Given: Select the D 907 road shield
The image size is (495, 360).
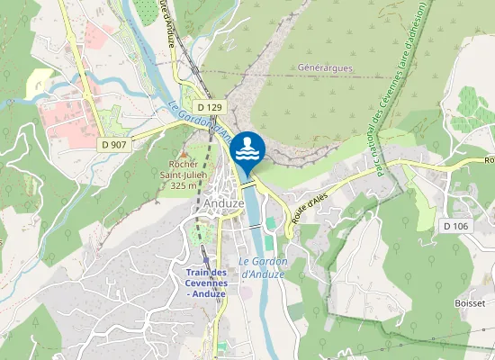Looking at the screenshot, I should point(113,144).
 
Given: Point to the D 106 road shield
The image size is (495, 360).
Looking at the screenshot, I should point(456,223).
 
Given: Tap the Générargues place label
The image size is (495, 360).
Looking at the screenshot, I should point(324,67).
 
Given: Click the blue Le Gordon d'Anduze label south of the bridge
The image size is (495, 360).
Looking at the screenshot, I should point(262,267).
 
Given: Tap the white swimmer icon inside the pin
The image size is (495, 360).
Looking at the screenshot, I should point(247,148).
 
